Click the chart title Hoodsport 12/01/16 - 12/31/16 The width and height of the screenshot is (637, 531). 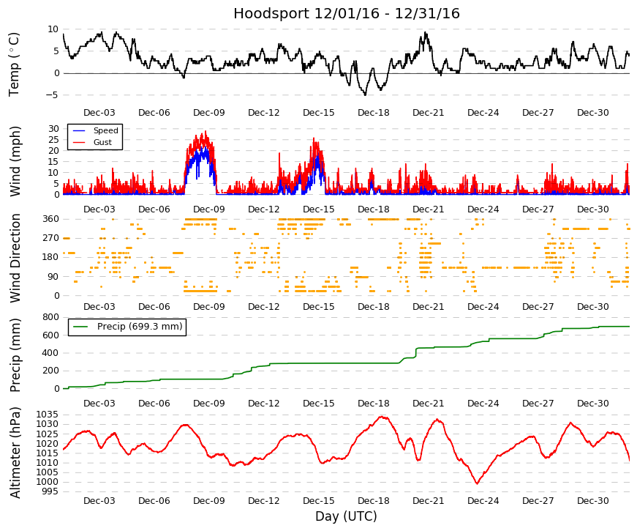[x=347, y=13]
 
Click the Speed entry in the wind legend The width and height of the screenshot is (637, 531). [x=105, y=130]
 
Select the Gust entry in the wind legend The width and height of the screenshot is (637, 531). [x=102, y=142]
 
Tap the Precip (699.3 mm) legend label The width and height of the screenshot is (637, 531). [x=140, y=327]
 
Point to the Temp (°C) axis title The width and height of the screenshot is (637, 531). [x=14, y=64]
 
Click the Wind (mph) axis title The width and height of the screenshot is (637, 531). [x=15, y=162]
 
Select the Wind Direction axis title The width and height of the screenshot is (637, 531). [x=15, y=259]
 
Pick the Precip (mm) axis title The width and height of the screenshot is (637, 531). [x=15, y=355]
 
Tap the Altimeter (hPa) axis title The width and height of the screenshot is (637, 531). [x=15, y=453]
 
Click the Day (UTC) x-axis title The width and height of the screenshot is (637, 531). [x=346, y=516]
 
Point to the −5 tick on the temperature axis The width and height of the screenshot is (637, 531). [x=53, y=95]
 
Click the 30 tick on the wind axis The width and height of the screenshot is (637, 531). [x=53, y=129]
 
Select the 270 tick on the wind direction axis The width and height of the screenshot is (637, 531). [x=51, y=238]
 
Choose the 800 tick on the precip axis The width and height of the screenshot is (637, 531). [x=51, y=317]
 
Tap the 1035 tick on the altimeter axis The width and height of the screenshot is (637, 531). [x=48, y=415]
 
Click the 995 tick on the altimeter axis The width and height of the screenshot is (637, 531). [x=50, y=491]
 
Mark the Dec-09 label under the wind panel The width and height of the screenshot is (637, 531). [x=209, y=209]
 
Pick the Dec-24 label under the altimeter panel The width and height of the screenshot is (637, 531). [x=483, y=501]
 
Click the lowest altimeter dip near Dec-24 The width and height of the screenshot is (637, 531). [x=478, y=483]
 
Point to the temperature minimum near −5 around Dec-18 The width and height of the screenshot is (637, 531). [x=365, y=94]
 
